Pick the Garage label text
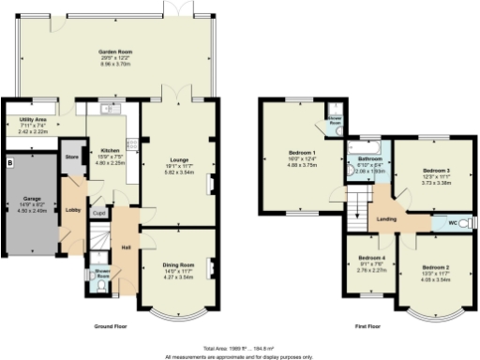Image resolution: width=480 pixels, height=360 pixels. [x=33, y=199]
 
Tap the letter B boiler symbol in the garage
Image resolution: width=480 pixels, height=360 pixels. [x=10, y=163]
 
